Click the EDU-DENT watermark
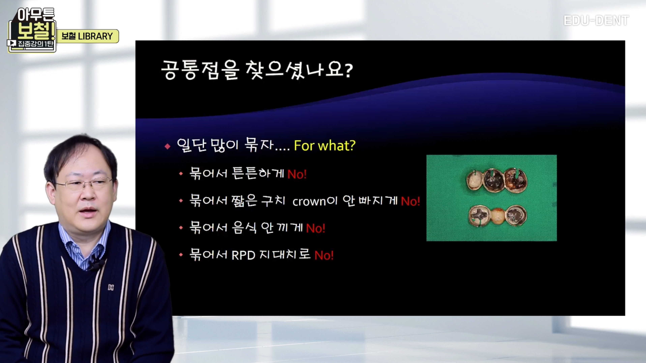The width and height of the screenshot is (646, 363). pos(596,20)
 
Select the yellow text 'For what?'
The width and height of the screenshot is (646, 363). pos(325,145)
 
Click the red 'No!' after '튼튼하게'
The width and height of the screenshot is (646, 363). pos(297,174)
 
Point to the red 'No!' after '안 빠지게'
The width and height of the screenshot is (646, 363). pos(410,201)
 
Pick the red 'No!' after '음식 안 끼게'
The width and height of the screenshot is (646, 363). pos(315,228)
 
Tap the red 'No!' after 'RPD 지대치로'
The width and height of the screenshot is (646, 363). pos(324,255)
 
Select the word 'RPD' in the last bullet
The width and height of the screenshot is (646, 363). pos(243,255)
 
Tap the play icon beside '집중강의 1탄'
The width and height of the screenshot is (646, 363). pos(11,43)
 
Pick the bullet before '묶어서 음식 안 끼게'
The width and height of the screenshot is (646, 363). pos(181,228)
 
